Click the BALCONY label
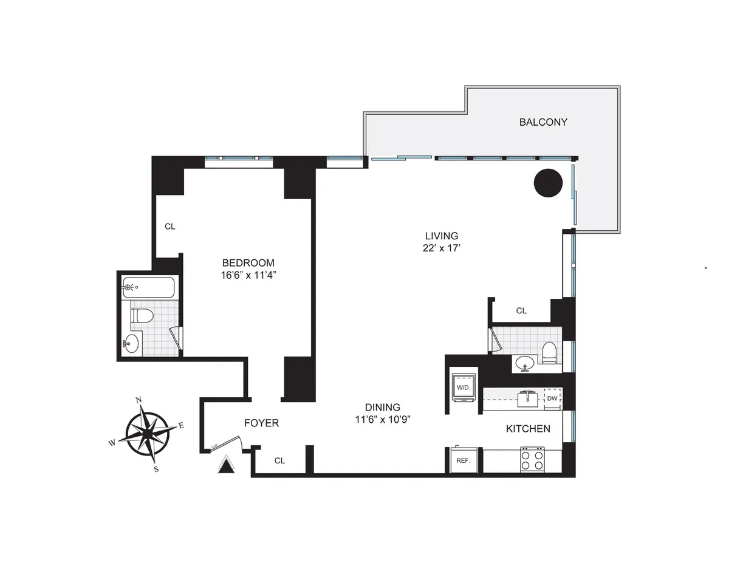(x=543, y=122)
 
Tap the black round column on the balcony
(x=548, y=182)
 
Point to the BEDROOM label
(x=248, y=263)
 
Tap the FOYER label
(x=261, y=423)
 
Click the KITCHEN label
(x=528, y=429)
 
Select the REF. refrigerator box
(x=464, y=460)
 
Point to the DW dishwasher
(x=552, y=398)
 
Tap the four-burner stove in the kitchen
(x=532, y=460)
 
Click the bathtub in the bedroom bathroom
(x=149, y=287)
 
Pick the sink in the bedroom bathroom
(x=132, y=344)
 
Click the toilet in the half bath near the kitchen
(x=549, y=353)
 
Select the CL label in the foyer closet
(x=279, y=461)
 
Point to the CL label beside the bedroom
(x=170, y=227)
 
